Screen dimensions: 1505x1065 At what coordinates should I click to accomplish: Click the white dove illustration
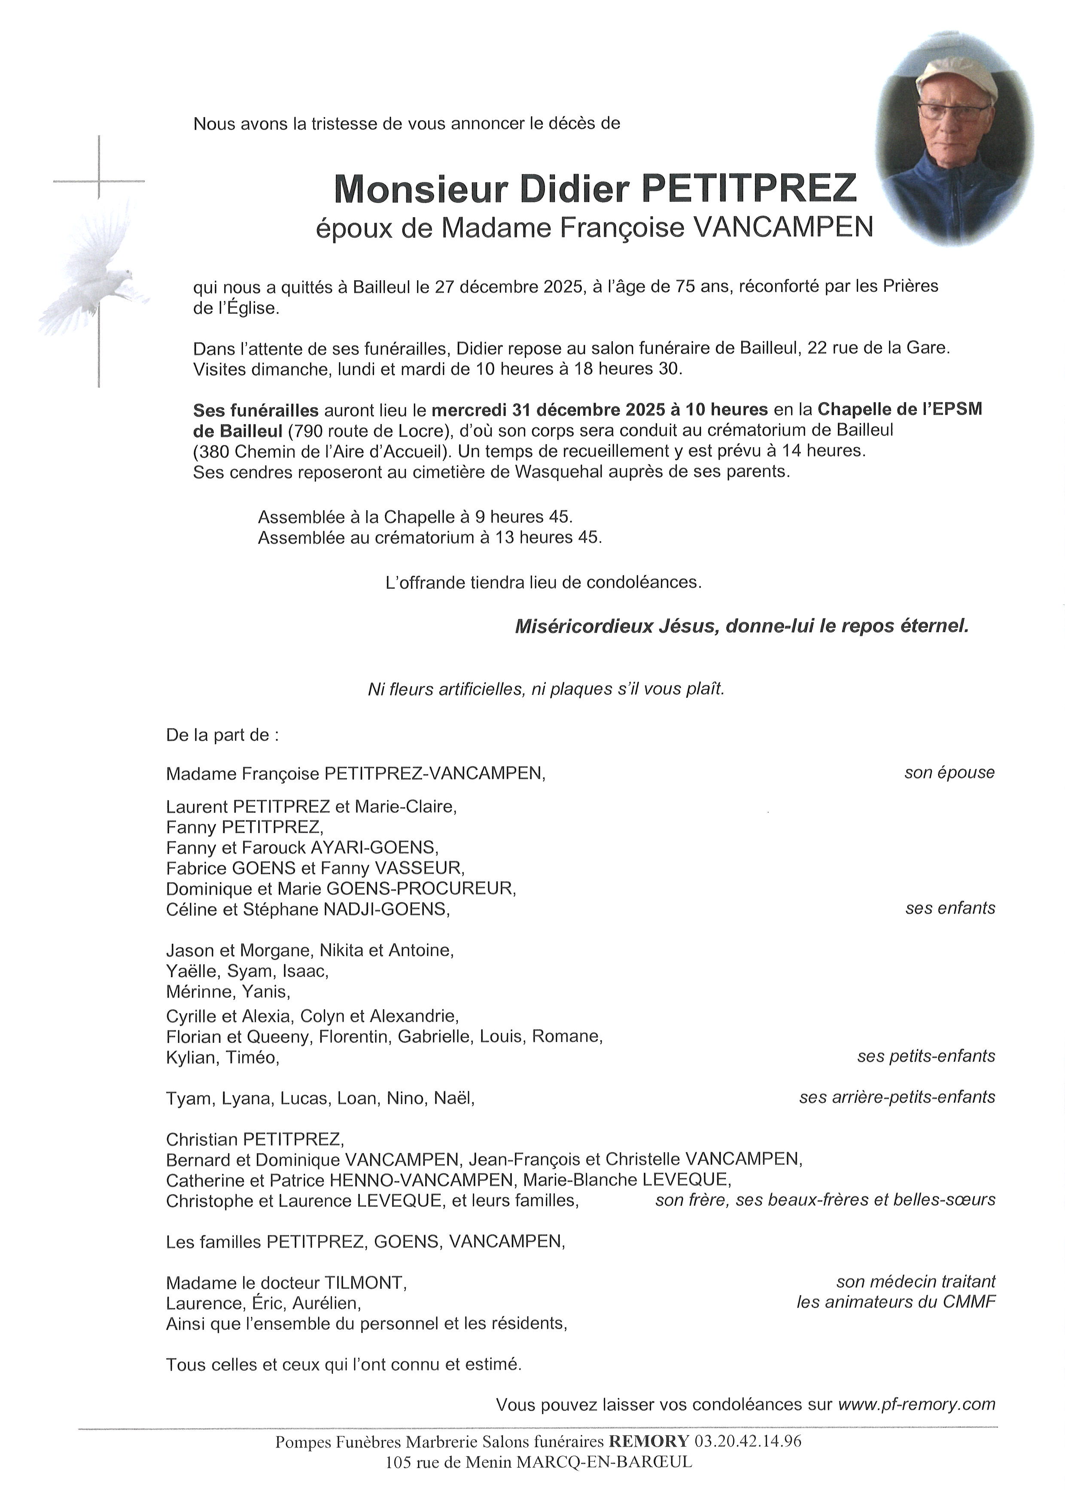coord(92,276)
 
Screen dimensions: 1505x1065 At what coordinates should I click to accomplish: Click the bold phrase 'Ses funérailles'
coord(255,410)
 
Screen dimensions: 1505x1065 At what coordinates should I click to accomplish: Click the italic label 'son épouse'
coord(949,773)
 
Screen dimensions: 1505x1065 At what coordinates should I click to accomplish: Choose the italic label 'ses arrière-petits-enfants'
coord(897,1097)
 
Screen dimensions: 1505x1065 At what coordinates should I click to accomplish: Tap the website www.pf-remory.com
coord(916,1405)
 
